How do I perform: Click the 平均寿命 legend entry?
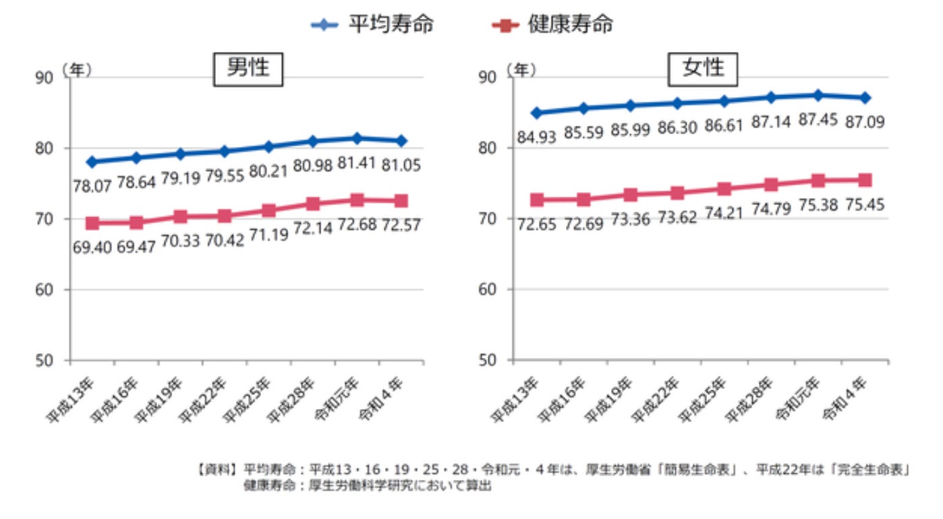372,24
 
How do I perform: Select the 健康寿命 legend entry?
552,24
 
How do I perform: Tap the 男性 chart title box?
248,69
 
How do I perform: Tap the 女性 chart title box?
703,69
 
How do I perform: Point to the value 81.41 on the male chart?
358,164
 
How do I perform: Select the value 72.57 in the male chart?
401,224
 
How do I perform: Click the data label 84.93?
536,136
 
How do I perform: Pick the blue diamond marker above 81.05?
401,141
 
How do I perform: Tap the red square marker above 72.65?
537,200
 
